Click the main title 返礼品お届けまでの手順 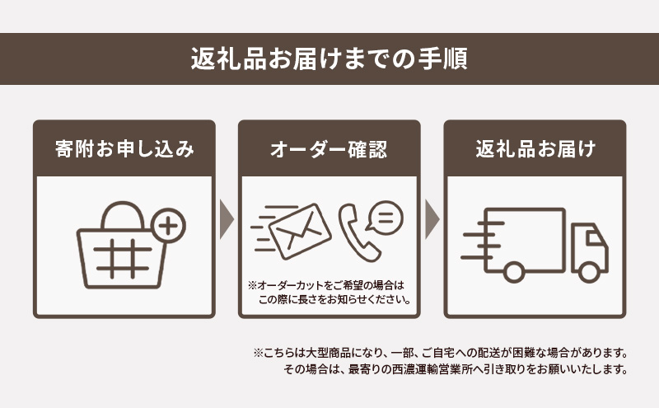[x=329, y=59]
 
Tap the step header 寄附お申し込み [x=124, y=149]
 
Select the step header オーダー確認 [x=329, y=149]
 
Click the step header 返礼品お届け [x=535, y=149]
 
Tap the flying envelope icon [x=293, y=229]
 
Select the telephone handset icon [x=355, y=233]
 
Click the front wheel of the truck [x=589, y=270]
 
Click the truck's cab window [x=591, y=239]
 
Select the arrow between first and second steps [x=227, y=219]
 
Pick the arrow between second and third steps [x=432, y=219]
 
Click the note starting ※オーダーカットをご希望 [x=329, y=285]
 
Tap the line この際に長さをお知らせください [x=334, y=299]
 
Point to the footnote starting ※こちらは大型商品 [x=442, y=352]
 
